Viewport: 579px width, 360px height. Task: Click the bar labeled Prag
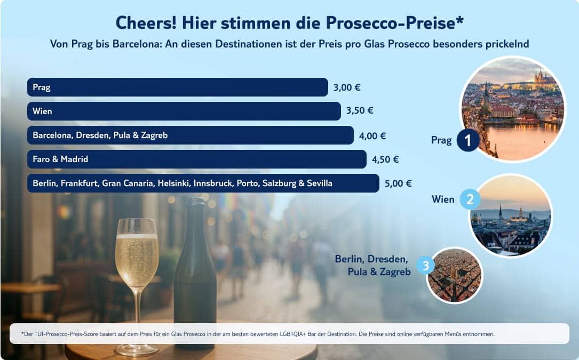click(x=177, y=87)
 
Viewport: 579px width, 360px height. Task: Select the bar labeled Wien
click(x=184, y=111)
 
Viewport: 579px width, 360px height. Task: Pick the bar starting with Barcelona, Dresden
click(x=190, y=135)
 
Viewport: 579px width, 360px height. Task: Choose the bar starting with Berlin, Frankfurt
click(x=203, y=183)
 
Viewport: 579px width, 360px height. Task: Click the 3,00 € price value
click(x=347, y=87)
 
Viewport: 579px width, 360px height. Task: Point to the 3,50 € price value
click(x=360, y=111)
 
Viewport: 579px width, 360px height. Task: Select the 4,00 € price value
click(x=372, y=135)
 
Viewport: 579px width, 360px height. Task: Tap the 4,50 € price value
click(x=385, y=159)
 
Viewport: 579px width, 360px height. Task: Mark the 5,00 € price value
click(x=398, y=183)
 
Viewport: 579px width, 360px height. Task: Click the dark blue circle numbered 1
click(x=468, y=141)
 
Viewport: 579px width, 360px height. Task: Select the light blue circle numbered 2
click(x=470, y=199)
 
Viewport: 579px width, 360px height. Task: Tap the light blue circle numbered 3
click(x=425, y=265)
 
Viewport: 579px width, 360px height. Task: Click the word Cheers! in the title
click(x=145, y=23)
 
